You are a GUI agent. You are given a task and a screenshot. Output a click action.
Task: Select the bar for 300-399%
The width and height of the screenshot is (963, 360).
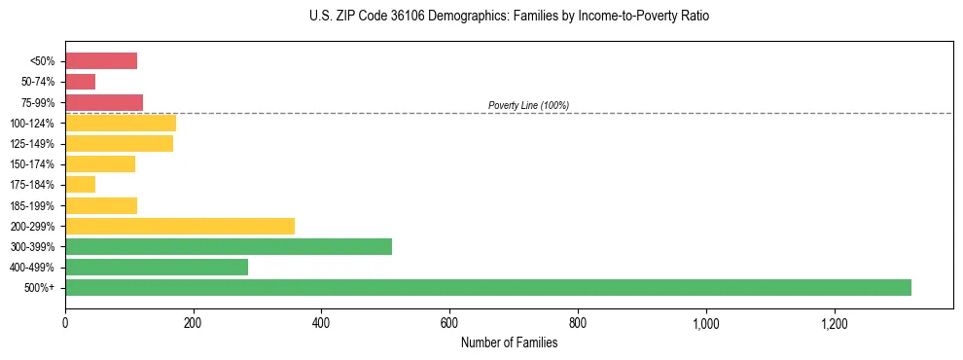pyautogui.click(x=229, y=246)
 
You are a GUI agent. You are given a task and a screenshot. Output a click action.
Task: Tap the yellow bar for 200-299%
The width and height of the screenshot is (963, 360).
pyautogui.click(x=180, y=226)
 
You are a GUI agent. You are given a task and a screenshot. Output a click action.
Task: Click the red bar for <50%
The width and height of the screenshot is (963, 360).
pyautogui.click(x=101, y=61)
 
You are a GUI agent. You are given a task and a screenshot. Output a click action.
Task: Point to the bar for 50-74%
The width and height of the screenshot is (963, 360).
pyautogui.click(x=81, y=82)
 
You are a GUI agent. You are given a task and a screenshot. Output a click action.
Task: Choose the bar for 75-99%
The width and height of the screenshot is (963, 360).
pyautogui.click(x=104, y=102)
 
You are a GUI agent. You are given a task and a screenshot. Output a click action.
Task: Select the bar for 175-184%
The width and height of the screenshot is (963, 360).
pyautogui.click(x=81, y=185)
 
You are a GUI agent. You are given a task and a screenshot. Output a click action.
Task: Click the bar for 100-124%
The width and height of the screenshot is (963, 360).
pyautogui.click(x=121, y=123)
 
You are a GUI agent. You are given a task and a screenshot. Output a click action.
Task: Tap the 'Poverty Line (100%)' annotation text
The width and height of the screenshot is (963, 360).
pyautogui.click(x=528, y=105)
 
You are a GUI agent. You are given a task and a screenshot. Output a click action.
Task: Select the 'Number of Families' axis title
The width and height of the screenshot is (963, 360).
pyautogui.click(x=510, y=342)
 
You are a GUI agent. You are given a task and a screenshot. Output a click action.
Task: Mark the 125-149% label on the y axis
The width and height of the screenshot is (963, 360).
pyautogui.click(x=32, y=144)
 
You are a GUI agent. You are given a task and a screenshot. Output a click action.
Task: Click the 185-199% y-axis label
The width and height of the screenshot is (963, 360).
pyautogui.click(x=32, y=205)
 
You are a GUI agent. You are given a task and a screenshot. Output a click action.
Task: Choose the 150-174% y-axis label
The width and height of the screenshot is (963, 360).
pyautogui.click(x=32, y=164)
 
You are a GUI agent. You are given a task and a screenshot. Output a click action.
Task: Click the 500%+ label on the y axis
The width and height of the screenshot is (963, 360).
pyautogui.click(x=39, y=288)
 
